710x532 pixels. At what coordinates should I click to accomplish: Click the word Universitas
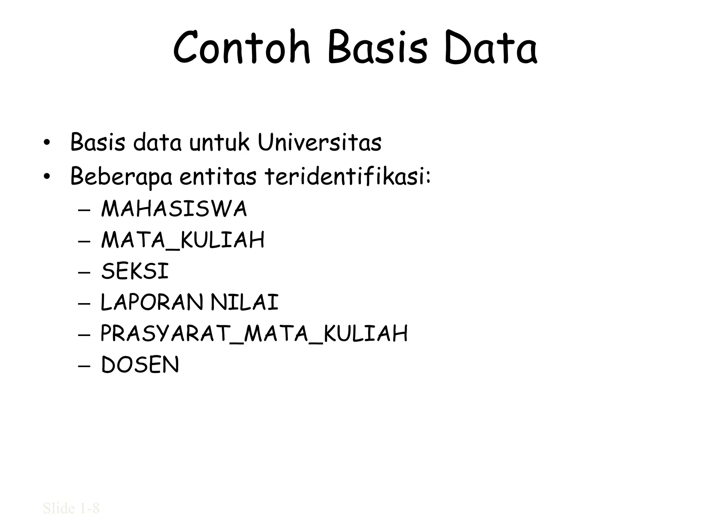pyautogui.click(x=319, y=142)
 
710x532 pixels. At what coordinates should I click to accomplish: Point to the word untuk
pyautogui.click(x=219, y=142)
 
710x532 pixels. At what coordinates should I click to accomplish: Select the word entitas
pyautogui.click(x=218, y=176)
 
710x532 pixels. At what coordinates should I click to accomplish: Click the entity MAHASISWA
pyautogui.click(x=174, y=209)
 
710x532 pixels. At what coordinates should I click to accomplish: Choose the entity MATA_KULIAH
pyautogui.click(x=183, y=240)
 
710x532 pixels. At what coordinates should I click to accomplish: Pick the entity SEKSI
pyautogui.click(x=135, y=271)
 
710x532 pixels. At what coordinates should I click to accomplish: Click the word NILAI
pyautogui.click(x=245, y=302)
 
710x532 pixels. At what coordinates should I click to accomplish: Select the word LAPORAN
pyautogui.click(x=152, y=302)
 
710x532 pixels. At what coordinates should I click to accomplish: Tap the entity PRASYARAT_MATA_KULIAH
pyautogui.click(x=254, y=334)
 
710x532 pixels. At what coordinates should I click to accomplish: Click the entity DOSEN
pyautogui.click(x=140, y=365)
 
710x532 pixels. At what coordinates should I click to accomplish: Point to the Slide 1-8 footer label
pyautogui.click(x=71, y=508)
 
